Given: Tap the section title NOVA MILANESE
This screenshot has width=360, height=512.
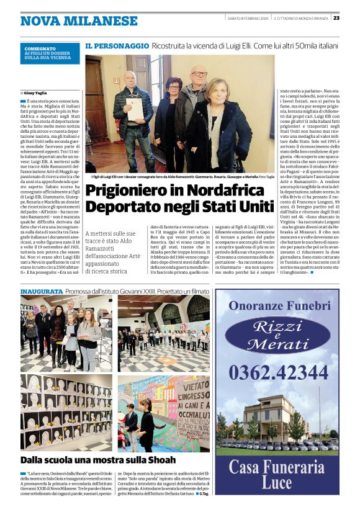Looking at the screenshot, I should tap(70, 20).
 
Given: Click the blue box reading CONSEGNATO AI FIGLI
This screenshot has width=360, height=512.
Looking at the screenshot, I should tap(50, 53).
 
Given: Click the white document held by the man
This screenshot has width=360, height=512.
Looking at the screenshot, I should tap(134, 109).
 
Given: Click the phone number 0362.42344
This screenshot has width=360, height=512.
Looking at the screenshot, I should tap(277, 372).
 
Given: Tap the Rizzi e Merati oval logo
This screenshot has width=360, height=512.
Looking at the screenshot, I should tap(277, 336).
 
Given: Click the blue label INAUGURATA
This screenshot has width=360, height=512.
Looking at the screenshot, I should tap(41, 291).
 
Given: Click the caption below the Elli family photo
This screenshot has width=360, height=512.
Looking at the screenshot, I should tap(174, 177).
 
